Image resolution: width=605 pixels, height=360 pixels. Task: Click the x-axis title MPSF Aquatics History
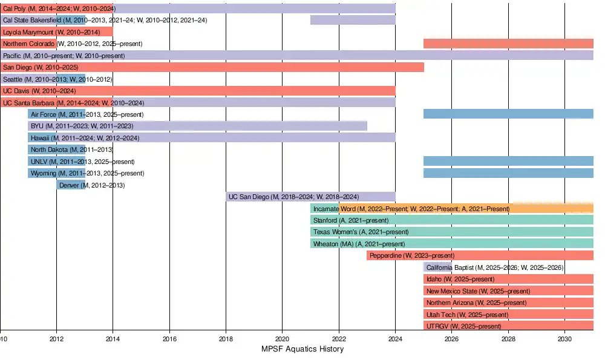point(302,349)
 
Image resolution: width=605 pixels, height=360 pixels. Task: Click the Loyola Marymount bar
point(56,31)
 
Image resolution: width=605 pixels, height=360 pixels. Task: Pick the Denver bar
point(71,185)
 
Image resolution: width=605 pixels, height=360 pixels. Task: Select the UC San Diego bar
point(310,197)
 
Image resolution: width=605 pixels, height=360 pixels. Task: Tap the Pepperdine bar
point(480,255)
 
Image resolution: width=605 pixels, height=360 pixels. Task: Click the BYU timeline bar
point(197,126)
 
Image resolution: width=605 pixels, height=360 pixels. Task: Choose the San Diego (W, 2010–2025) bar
point(212,67)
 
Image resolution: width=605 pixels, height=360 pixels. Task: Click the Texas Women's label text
point(361,232)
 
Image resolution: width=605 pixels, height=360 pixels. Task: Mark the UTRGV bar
point(508,326)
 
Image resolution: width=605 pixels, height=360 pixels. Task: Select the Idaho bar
point(508,279)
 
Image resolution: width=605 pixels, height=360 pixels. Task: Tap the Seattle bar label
point(57,79)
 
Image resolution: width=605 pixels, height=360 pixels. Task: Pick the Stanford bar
point(452,220)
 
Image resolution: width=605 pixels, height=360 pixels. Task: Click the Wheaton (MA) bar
point(452,244)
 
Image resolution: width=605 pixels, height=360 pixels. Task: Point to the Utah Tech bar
point(508,315)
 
